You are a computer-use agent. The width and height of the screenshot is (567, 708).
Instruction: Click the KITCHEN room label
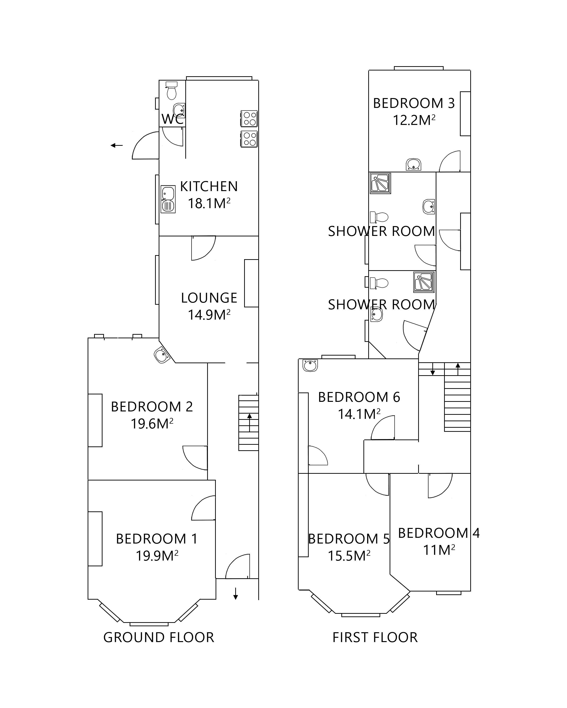coord(209,187)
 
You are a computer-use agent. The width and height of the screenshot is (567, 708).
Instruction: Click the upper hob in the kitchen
coord(249,118)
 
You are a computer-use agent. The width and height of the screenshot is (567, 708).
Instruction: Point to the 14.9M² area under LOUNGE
coord(209,315)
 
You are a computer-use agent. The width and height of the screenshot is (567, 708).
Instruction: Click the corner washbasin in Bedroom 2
coord(161,355)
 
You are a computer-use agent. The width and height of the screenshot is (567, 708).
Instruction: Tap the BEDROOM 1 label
coord(157,539)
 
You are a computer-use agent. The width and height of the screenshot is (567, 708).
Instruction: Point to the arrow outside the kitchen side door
coord(116,145)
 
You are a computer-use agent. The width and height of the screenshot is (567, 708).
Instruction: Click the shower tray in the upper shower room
coord(380,183)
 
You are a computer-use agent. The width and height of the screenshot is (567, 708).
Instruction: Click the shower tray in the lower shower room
coord(424,282)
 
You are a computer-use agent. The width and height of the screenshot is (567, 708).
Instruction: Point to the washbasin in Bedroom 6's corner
coord(310,365)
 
